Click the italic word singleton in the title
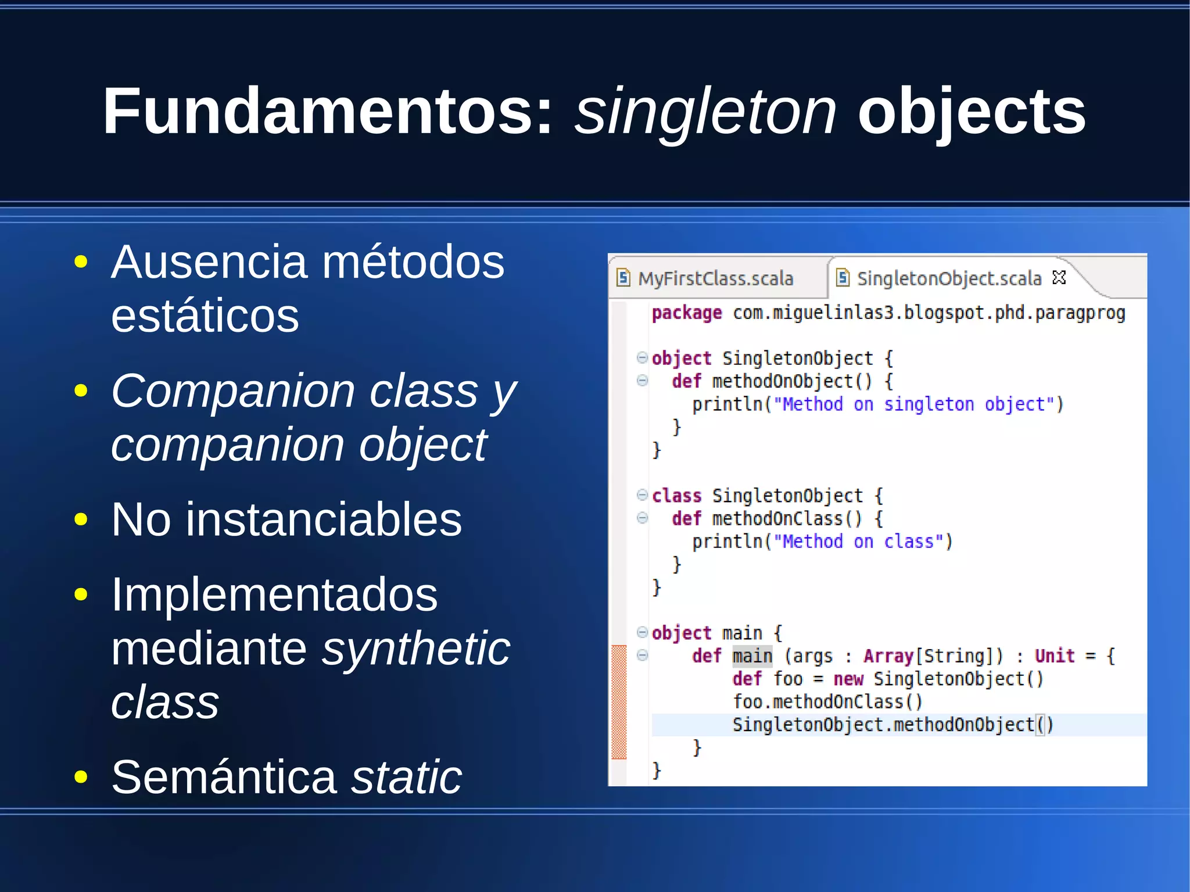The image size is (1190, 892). pyautogui.click(x=705, y=111)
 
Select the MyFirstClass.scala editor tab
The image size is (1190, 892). pyautogui.click(x=715, y=278)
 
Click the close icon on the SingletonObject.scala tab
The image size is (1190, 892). pyautogui.click(x=1059, y=278)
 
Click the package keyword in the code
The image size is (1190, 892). pyautogui.click(x=687, y=313)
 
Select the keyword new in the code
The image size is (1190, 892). pyautogui.click(x=848, y=679)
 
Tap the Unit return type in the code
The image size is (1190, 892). pyautogui.click(x=1054, y=656)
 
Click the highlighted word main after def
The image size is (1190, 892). pyautogui.click(x=752, y=656)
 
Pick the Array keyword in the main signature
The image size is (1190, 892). pyautogui.click(x=888, y=656)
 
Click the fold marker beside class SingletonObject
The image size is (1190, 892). pyautogui.click(x=642, y=495)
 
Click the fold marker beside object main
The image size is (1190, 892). pyautogui.click(x=642, y=632)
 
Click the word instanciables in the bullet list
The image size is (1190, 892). pyautogui.click(x=324, y=519)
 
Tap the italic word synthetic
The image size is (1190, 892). pyautogui.click(x=416, y=649)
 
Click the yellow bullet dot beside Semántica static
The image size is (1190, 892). pyautogui.click(x=81, y=777)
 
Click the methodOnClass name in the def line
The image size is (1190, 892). pyautogui.click(x=777, y=519)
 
